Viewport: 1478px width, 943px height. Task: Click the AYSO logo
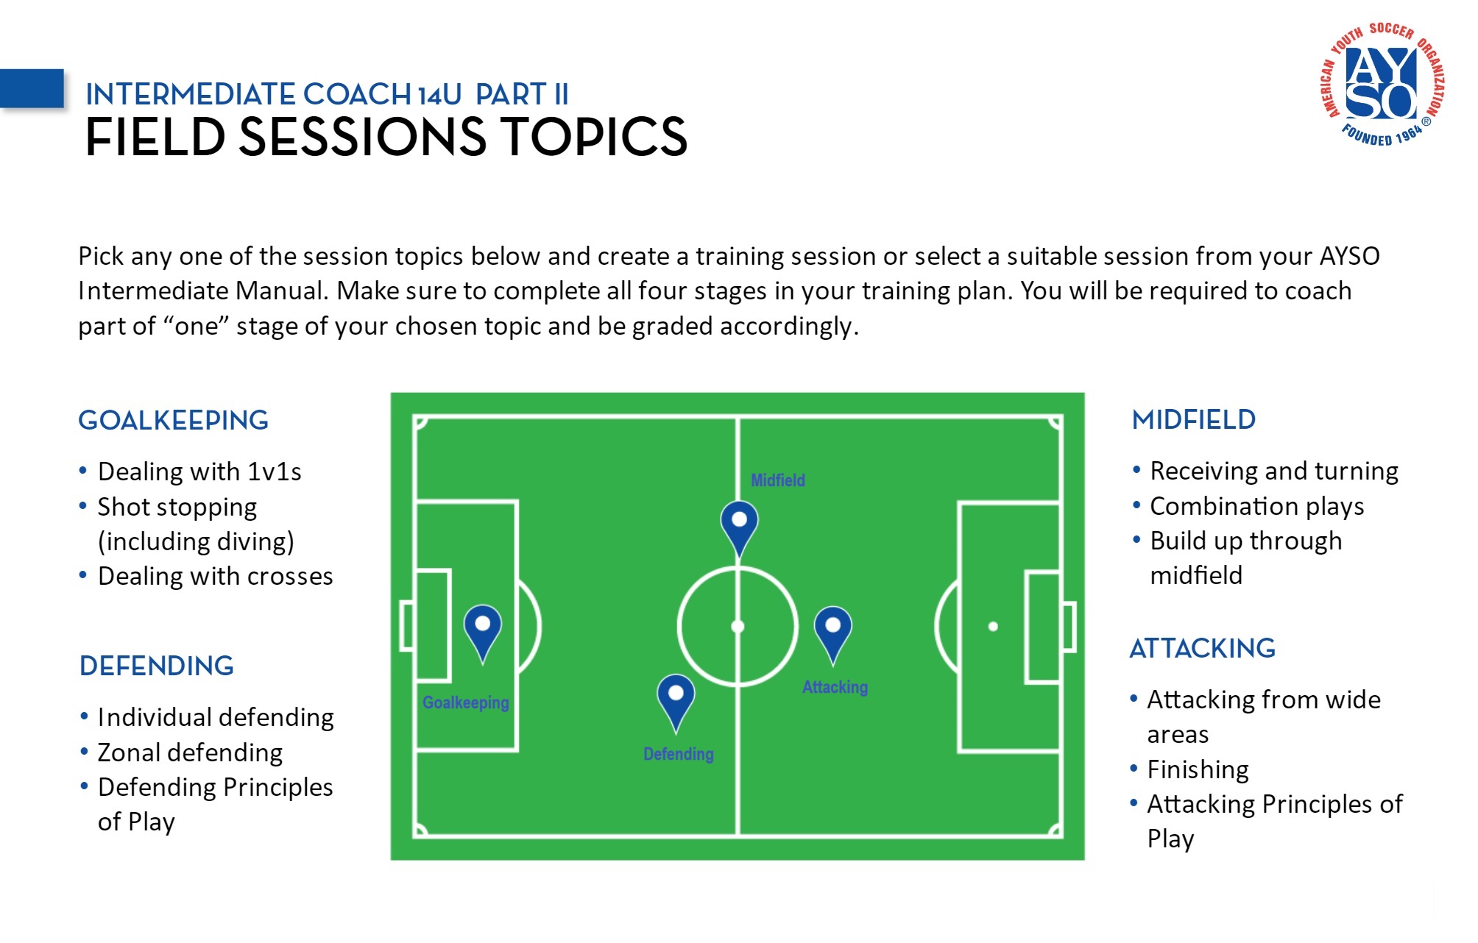pos(1382,84)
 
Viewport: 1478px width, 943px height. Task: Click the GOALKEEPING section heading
pos(173,420)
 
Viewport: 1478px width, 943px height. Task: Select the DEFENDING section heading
pos(156,666)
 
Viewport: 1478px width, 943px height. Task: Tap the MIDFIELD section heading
pos(1193,419)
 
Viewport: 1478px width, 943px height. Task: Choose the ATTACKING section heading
pos(1202,648)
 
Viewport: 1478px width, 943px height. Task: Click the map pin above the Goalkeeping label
pos(482,629)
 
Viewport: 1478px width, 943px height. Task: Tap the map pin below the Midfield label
pos(739,524)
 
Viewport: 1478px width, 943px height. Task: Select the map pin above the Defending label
pos(676,698)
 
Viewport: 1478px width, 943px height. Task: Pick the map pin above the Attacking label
pos(832,630)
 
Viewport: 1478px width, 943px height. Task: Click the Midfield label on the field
pos(777,480)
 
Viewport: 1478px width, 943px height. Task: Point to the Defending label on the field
pos(678,754)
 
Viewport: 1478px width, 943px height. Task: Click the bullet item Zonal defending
pos(190,752)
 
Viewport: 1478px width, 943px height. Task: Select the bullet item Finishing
pos(1198,769)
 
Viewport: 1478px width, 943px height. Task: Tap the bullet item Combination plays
pos(1256,506)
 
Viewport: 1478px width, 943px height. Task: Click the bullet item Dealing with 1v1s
pos(199,471)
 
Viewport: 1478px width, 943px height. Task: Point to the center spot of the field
pos(738,627)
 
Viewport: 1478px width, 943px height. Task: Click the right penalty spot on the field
pos(993,627)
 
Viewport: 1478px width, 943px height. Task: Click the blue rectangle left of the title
pos(32,88)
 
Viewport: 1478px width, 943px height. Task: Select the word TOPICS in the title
pos(594,137)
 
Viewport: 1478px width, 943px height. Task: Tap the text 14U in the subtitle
pos(439,95)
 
